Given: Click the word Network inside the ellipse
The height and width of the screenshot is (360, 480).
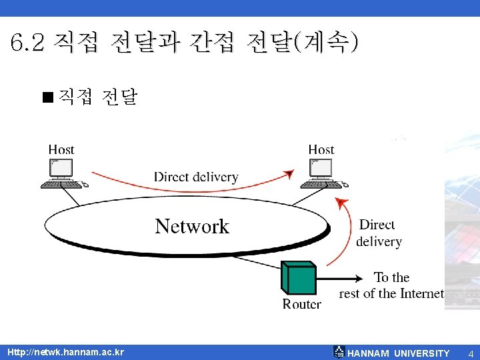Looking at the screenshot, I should coord(192,226).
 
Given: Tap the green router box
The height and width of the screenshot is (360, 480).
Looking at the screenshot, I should coord(297,278).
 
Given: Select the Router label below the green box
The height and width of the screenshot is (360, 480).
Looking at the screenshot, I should coord(301,304).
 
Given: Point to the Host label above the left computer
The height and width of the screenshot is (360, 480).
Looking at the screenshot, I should coord(61,150).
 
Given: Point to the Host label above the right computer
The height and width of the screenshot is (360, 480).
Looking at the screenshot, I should coord(321,150).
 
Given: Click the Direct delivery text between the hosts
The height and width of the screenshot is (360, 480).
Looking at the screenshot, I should coord(196,177).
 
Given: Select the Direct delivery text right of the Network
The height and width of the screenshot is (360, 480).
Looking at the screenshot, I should coord(379,233).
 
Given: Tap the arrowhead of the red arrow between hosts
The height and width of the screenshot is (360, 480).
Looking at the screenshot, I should coord(288,175).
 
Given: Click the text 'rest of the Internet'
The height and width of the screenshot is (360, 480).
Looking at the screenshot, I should coord(391,293).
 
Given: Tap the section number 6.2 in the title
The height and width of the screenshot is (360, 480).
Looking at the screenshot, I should coord(27,43).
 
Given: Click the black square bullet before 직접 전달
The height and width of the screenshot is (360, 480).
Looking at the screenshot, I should coord(47,98).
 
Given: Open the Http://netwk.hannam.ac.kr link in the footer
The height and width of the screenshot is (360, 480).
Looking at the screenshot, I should coord(65,352).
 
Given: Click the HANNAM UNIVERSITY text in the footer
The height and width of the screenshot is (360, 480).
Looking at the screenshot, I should coord(399,353).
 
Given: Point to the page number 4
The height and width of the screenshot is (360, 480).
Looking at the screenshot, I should coord(470,353).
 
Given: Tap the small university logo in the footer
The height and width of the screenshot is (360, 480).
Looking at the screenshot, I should coord(339,352).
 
